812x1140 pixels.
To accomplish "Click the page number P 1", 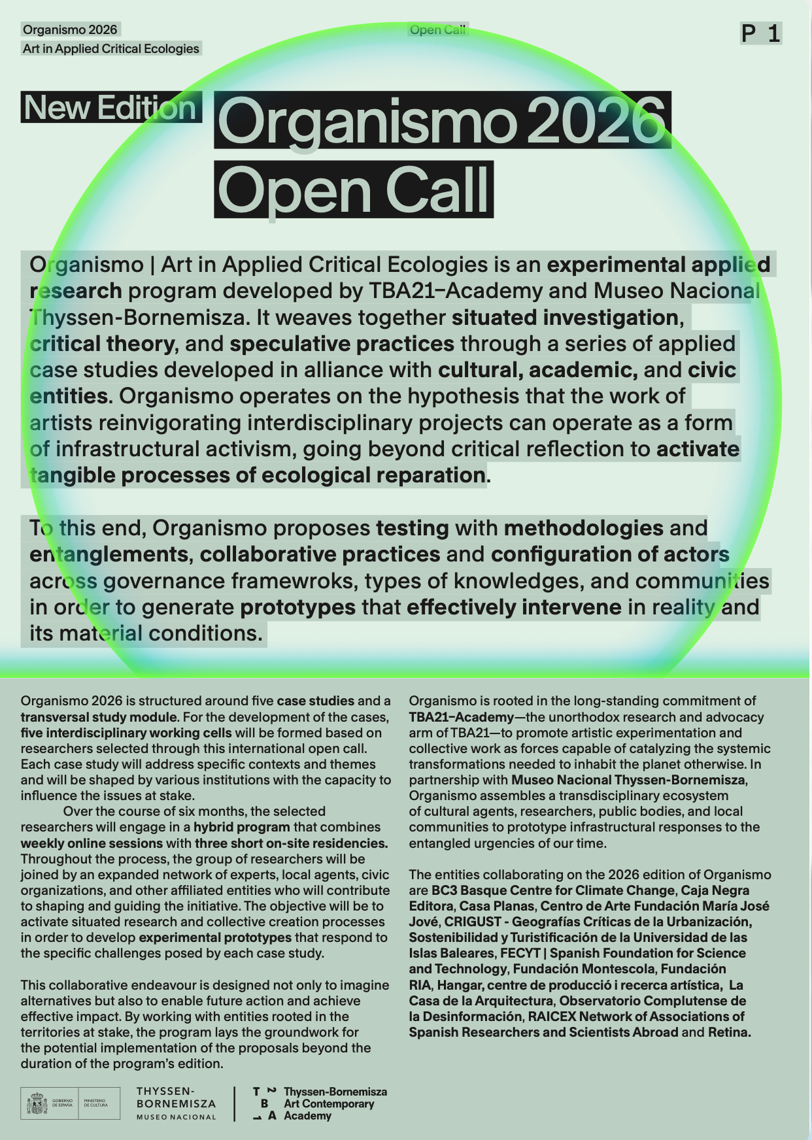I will click(761, 33).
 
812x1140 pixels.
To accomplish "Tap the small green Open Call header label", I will click(437, 29).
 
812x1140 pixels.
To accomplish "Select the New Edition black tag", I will click(110, 108).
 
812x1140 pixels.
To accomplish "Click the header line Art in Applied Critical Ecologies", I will click(110, 48).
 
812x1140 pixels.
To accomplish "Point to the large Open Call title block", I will click(353, 190).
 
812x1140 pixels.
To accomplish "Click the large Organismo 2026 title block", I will click(442, 120).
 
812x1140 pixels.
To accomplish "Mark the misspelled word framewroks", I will click(289, 580).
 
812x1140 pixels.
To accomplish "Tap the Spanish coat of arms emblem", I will click(37, 1103).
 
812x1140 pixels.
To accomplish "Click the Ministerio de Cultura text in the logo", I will click(95, 1103).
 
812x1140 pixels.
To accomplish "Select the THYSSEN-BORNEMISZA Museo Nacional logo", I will click(176, 1103).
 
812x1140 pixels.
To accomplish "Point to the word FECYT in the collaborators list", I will click(520, 953).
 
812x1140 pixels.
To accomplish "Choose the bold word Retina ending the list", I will click(729, 1032).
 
